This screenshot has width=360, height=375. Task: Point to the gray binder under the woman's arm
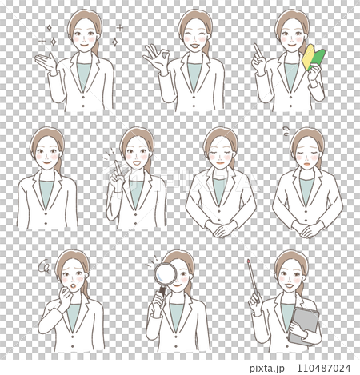(302, 325)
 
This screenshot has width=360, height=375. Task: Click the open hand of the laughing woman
(154, 58)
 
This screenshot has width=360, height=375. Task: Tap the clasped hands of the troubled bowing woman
(307, 229)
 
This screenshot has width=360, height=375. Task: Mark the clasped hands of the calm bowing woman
(220, 229)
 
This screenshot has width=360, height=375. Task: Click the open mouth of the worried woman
(70, 285)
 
